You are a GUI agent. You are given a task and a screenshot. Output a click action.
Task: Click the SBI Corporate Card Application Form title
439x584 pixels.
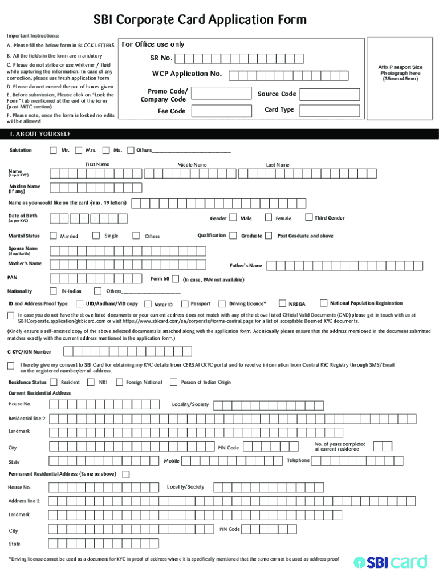[x=200, y=20]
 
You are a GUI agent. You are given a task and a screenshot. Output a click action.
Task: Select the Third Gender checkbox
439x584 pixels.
[x=308, y=217]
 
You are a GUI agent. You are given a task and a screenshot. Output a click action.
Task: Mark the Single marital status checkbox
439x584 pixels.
[x=96, y=236]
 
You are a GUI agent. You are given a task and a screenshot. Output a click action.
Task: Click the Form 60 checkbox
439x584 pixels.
[x=175, y=279]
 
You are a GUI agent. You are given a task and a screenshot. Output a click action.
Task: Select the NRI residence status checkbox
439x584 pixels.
[x=91, y=382]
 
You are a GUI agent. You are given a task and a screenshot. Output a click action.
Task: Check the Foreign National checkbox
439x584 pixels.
[x=119, y=382]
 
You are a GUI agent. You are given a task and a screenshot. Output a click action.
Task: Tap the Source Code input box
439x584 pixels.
[x=330, y=95]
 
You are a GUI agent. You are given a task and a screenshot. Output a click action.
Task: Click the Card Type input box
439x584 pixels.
[x=330, y=111]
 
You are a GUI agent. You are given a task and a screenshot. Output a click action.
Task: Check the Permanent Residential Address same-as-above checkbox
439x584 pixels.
[x=126, y=474]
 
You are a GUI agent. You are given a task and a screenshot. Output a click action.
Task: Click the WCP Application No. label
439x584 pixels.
[x=186, y=74]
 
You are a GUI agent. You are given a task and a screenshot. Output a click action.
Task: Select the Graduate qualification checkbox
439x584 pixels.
[x=233, y=236]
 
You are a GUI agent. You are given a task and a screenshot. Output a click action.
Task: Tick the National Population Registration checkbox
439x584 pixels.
[x=323, y=303]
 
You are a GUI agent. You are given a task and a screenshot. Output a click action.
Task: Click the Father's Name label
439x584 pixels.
[x=246, y=266]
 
